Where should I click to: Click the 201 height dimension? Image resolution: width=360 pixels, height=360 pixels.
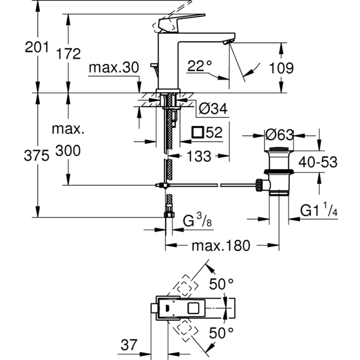pos(37,47)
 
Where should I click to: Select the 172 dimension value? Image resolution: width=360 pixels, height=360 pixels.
pos(69,53)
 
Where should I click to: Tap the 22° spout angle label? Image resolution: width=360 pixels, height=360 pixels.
pos(200,65)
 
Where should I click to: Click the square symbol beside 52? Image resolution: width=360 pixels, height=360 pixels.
pos(197,133)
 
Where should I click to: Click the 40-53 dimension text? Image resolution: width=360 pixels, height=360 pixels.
pos(319,162)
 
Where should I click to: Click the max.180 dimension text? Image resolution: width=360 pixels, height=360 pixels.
pos(221,245)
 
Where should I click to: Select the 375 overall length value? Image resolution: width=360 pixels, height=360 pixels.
pos(37,156)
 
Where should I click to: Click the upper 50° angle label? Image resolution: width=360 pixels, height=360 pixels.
pos(222,283)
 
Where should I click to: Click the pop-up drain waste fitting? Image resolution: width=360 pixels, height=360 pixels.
pos(278,172)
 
